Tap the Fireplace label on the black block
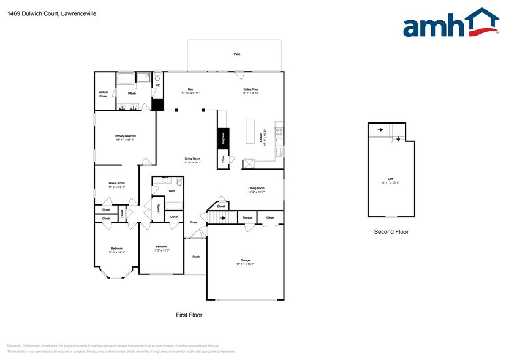(x=223, y=138)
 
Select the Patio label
(x=236, y=54)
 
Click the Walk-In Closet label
(x=103, y=94)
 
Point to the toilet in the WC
(x=157, y=78)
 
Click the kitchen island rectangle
(x=250, y=130)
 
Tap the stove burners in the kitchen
(x=279, y=130)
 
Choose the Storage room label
(x=247, y=217)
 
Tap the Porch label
(x=196, y=257)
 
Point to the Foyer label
(x=194, y=222)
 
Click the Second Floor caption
(x=391, y=232)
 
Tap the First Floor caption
(x=189, y=315)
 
